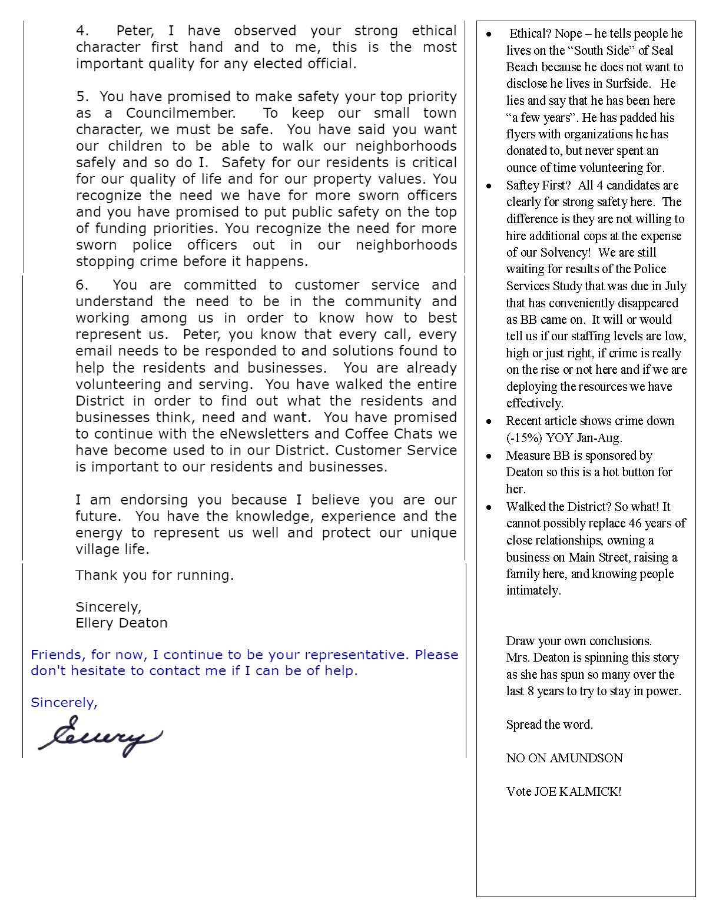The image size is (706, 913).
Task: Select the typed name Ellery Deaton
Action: (x=121, y=622)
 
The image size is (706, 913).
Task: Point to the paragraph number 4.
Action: (x=82, y=31)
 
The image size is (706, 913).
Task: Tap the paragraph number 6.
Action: (x=82, y=285)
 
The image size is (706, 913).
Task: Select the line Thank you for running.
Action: (x=154, y=575)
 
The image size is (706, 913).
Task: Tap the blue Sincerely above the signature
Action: (x=64, y=702)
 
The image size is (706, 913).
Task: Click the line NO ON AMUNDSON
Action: (x=564, y=758)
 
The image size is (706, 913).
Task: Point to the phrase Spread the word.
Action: (x=549, y=725)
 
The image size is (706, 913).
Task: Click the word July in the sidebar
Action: (x=675, y=286)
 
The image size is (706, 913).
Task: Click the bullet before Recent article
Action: (x=488, y=421)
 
